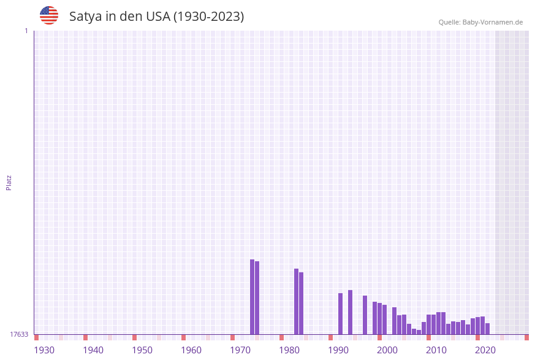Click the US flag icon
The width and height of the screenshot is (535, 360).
tap(49, 15)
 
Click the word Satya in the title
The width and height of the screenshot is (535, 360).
tap(86, 17)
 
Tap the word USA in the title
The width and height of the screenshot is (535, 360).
tap(158, 17)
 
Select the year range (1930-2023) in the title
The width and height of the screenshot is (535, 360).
tap(208, 17)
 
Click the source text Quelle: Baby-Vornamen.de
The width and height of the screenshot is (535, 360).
tap(480, 22)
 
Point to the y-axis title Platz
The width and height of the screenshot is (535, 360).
tap(9, 182)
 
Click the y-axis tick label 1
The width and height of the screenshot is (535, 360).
tap(26, 31)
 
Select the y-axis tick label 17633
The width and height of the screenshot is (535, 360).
tap(19, 334)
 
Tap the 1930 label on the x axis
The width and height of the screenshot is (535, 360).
tap(44, 350)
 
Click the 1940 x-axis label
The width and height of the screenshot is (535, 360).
tap(93, 350)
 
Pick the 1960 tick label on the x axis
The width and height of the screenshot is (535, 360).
tap(191, 350)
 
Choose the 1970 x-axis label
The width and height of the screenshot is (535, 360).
tap(240, 350)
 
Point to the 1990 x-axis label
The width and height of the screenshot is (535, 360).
tap(338, 350)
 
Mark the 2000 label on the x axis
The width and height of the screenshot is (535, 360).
tap(387, 350)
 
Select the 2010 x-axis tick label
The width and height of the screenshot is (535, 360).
tap(436, 350)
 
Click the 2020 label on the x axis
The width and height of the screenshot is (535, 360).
tap(485, 350)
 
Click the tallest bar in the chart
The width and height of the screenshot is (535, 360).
tap(252, 297)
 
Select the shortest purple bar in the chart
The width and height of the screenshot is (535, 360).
tap(419, 332)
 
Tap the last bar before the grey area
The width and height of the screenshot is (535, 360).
tap(487, 329)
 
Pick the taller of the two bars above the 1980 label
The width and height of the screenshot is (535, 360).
tap(296, 301)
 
